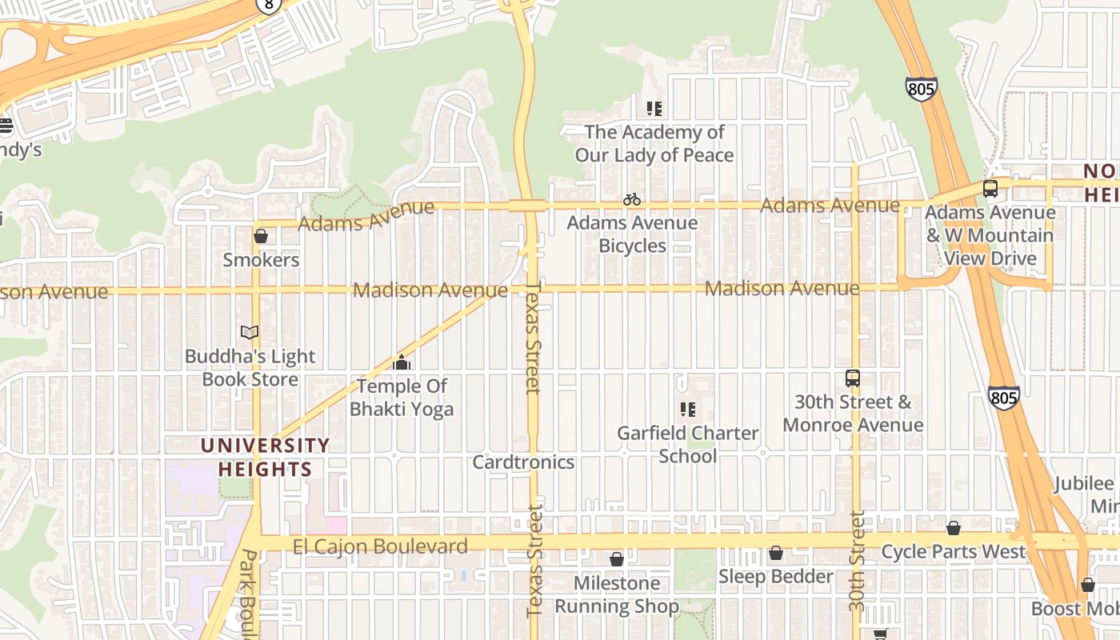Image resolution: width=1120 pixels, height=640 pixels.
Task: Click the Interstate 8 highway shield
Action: point(269,5)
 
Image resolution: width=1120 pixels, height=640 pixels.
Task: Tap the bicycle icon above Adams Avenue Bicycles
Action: point(632,199)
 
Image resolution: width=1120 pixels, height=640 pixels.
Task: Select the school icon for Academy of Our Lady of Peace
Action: point(654,108)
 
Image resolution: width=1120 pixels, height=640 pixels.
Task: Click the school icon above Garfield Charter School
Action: point(687,410)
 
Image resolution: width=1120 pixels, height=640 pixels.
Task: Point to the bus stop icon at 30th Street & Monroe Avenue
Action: point(853,378)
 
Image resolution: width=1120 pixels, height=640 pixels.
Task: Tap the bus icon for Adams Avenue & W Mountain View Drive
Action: point(990,189)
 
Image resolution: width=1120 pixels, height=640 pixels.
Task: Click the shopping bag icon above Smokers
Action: point(261,236)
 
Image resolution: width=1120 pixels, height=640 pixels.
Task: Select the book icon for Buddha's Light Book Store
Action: point(250,332)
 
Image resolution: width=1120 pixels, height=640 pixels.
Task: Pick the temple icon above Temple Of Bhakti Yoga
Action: point(402,362)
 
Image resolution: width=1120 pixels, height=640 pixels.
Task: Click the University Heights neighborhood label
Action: point(264,457)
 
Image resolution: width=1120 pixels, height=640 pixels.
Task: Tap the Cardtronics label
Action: point(523,462)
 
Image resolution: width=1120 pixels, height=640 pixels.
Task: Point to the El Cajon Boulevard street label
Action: point(380,547)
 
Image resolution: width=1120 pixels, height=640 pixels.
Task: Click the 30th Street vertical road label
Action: point(857,560)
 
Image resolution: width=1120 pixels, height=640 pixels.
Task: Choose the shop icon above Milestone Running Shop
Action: point(617,558)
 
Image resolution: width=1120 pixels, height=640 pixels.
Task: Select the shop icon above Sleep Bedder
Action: point(775,553)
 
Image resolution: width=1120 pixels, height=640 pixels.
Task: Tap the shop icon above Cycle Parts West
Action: point(953,528)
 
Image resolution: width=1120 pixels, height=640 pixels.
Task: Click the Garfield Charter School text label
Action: point(687,444)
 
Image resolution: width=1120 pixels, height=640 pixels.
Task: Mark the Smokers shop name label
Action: point(261,260)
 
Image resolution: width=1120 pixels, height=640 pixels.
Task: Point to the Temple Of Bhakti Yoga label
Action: point(402,398)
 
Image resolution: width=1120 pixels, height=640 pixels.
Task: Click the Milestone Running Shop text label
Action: point(617,594)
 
